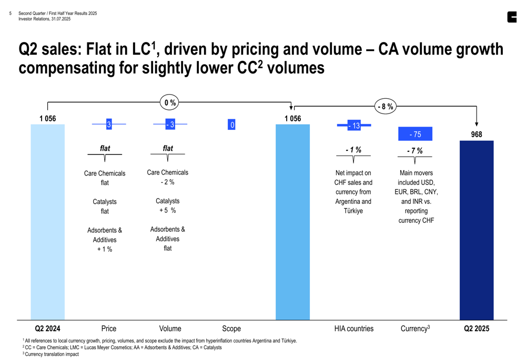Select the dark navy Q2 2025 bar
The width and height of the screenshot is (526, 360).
pos(477,230)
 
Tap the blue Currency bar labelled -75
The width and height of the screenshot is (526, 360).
pos(415,135)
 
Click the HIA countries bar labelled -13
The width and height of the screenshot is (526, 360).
pos(354,126)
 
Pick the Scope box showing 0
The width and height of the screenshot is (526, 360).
pos(231,125)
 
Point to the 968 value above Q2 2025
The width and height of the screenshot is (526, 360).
pos(477,135)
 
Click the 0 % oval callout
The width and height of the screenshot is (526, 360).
pos(170,103)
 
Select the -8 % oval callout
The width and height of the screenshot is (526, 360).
pos(386,107)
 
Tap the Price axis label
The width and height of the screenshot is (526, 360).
pos(109,328)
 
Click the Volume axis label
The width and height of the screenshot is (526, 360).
pos(170,328)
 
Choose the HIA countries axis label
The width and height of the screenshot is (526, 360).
pos(353,328)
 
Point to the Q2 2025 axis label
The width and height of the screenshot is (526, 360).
pos(477,328)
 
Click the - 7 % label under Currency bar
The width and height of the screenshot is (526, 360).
pos(414,151)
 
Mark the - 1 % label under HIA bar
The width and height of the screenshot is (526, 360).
pos(353,150)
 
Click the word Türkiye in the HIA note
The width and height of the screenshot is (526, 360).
pos(353,211)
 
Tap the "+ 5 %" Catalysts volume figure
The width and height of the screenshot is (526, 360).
pos(167,211)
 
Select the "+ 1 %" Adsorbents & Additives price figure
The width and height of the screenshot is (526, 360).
pos(105,249)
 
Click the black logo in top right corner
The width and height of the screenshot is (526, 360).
pos(512,17)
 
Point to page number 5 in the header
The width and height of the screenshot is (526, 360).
pos(11,14)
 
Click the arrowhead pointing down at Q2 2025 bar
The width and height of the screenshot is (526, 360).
pos(477,124)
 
